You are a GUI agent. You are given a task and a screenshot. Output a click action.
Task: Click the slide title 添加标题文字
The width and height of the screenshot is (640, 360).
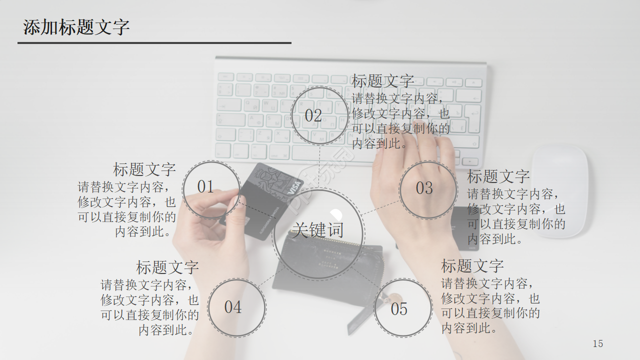pos(76,27)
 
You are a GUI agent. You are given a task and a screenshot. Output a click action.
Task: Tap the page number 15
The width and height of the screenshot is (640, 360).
pos(597,343)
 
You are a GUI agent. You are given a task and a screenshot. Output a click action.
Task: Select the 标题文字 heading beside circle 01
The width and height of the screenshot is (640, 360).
pos(144,169)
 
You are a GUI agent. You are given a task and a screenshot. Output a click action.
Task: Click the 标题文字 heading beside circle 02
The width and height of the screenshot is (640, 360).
pos(382,81)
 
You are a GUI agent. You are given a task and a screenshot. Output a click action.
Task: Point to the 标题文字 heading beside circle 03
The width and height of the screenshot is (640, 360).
pos(498,176)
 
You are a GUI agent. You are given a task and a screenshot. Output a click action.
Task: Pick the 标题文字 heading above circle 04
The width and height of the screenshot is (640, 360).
pos(167,267)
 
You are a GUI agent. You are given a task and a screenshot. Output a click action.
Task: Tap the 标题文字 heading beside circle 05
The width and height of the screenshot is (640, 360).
pos(472,265)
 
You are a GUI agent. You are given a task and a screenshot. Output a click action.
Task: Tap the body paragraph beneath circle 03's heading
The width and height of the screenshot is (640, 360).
pos(516,216)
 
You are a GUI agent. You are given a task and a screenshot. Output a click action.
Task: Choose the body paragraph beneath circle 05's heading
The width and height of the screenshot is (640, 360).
pos(490,306)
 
